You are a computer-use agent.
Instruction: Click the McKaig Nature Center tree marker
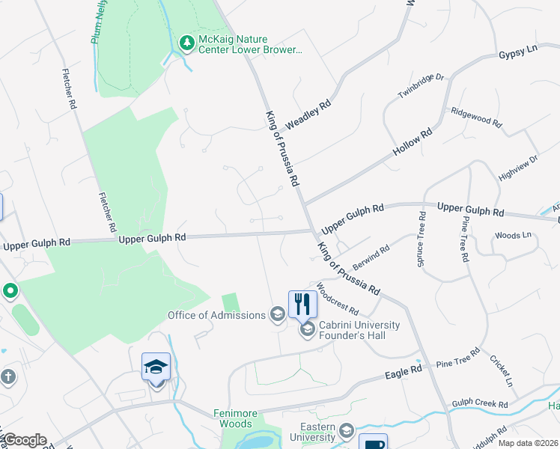(186, 43)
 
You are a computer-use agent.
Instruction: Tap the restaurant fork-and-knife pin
(302, 304)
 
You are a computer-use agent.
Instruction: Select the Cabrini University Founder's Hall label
(359, 330)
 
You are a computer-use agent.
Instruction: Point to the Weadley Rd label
(308, 117)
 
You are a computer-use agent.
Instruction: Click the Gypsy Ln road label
(518, 52)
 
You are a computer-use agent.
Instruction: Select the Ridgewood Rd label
(475, 115)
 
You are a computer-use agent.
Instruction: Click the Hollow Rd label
(413, 143)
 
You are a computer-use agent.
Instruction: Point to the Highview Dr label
(518, 168)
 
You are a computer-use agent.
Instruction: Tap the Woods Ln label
(512, 235)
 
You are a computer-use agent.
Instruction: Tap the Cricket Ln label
(502, 370)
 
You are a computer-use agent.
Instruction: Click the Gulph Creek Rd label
(479, 405)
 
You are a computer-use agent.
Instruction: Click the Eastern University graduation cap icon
(347, 430)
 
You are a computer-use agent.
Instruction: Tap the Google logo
(24, 440)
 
